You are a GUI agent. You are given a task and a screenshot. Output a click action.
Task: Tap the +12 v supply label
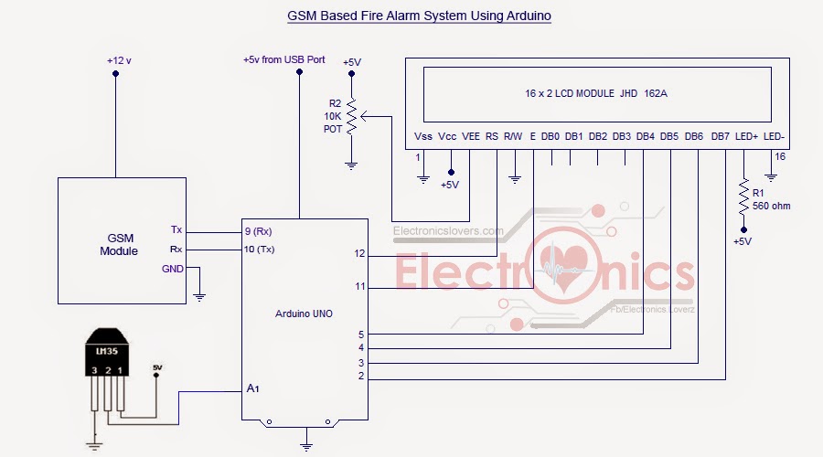pos(119,60)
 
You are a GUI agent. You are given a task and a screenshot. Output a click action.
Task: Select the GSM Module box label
pos(119,244)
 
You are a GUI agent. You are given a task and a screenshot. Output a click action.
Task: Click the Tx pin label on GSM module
pos(176,229)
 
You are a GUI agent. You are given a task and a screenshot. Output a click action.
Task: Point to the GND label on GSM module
pos(172,269)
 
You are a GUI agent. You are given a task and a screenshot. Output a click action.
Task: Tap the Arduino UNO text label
pos(305,314)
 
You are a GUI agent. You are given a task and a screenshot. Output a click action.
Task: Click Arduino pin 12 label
pos(360,253)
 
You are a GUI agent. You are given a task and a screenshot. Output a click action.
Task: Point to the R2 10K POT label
pos(333,116)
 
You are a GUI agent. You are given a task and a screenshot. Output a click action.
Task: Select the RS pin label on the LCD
pos(492,136)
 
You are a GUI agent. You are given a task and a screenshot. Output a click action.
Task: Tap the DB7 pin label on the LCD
pos(721,136)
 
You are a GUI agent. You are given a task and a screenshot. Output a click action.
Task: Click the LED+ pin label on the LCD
pos(747,136)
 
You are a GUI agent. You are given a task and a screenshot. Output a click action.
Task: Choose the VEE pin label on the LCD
pos(471,136)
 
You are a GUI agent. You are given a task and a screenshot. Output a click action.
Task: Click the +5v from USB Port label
pos(283,59)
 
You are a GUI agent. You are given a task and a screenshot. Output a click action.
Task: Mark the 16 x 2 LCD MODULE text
pos(594,93)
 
